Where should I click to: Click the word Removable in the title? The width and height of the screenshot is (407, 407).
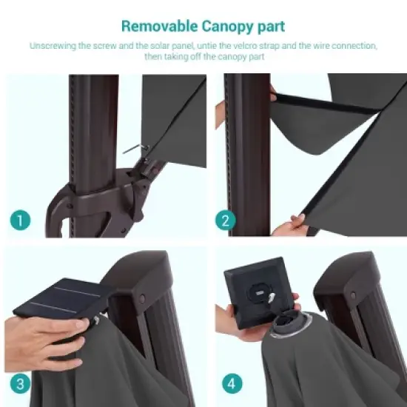(160, 26)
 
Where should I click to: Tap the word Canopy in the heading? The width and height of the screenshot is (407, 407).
(226, 27)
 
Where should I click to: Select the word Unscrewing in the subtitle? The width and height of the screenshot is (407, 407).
(53, 46)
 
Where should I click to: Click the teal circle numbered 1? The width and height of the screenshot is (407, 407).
(20, 220)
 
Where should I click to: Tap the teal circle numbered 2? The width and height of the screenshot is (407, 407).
(225, 220)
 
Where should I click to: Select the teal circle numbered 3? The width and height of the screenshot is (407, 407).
(20, 383)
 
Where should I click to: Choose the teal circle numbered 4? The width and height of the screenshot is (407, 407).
(232, 383)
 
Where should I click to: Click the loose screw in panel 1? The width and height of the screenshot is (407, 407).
(135, 149)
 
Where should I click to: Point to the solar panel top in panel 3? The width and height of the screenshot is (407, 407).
(62, 297)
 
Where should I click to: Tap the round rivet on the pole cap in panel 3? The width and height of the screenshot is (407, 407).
(142, 299)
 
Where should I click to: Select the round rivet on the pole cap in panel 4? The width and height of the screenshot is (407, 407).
(353, 295)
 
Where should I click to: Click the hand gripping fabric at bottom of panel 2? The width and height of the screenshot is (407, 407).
(290, 225)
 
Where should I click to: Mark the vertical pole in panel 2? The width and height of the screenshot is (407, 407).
(248, 155)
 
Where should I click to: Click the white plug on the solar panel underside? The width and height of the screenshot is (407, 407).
(272, 297)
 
